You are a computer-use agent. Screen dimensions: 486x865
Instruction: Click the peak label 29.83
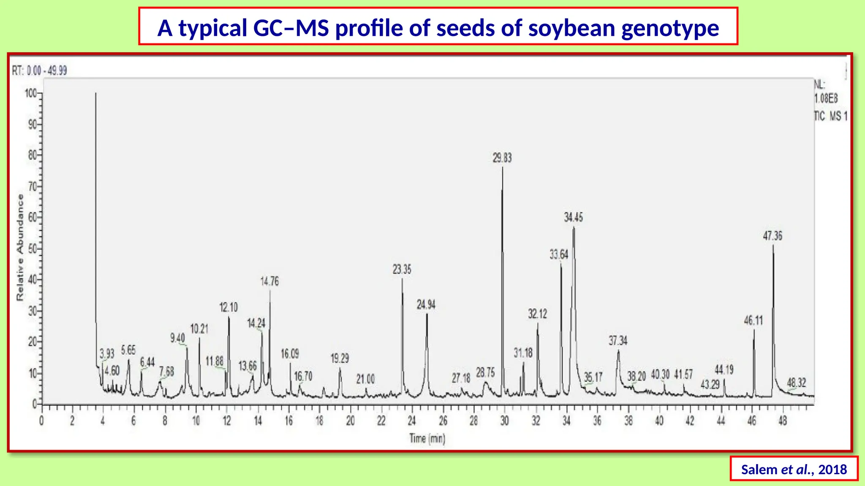(502, 158)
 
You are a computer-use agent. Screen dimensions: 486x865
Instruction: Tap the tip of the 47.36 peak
(773, 246)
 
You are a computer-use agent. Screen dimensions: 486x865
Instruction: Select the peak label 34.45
(573, 218)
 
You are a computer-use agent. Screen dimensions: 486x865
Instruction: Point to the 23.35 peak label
(402, 270)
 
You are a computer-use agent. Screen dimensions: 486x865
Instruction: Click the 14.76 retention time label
(269, 281)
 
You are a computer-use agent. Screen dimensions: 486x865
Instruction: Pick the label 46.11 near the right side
(753, 321)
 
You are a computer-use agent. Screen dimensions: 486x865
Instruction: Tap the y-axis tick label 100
(31, 93)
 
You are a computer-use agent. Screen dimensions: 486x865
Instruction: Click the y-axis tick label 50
(33, 248)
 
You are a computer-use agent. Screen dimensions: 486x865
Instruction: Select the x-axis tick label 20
(350, 421)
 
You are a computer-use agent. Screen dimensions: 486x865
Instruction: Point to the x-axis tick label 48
(783, 421)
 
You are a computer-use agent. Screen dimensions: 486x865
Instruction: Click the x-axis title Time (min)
(427, 439)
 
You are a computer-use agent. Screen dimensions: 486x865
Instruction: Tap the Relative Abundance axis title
(20, 248)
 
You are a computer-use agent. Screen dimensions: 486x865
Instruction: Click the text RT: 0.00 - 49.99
(39, 70)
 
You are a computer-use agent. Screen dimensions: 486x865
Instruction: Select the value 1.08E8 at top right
(826, 99)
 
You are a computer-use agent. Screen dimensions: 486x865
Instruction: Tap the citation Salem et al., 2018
(794, 470)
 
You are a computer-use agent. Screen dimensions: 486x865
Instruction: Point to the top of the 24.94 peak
(427, 314)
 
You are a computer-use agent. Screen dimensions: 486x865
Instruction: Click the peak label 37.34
(617, 340)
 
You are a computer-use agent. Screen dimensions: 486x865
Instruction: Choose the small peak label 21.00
(365, 379)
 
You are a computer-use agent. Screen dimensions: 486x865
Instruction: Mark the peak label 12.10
(228, 308)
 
